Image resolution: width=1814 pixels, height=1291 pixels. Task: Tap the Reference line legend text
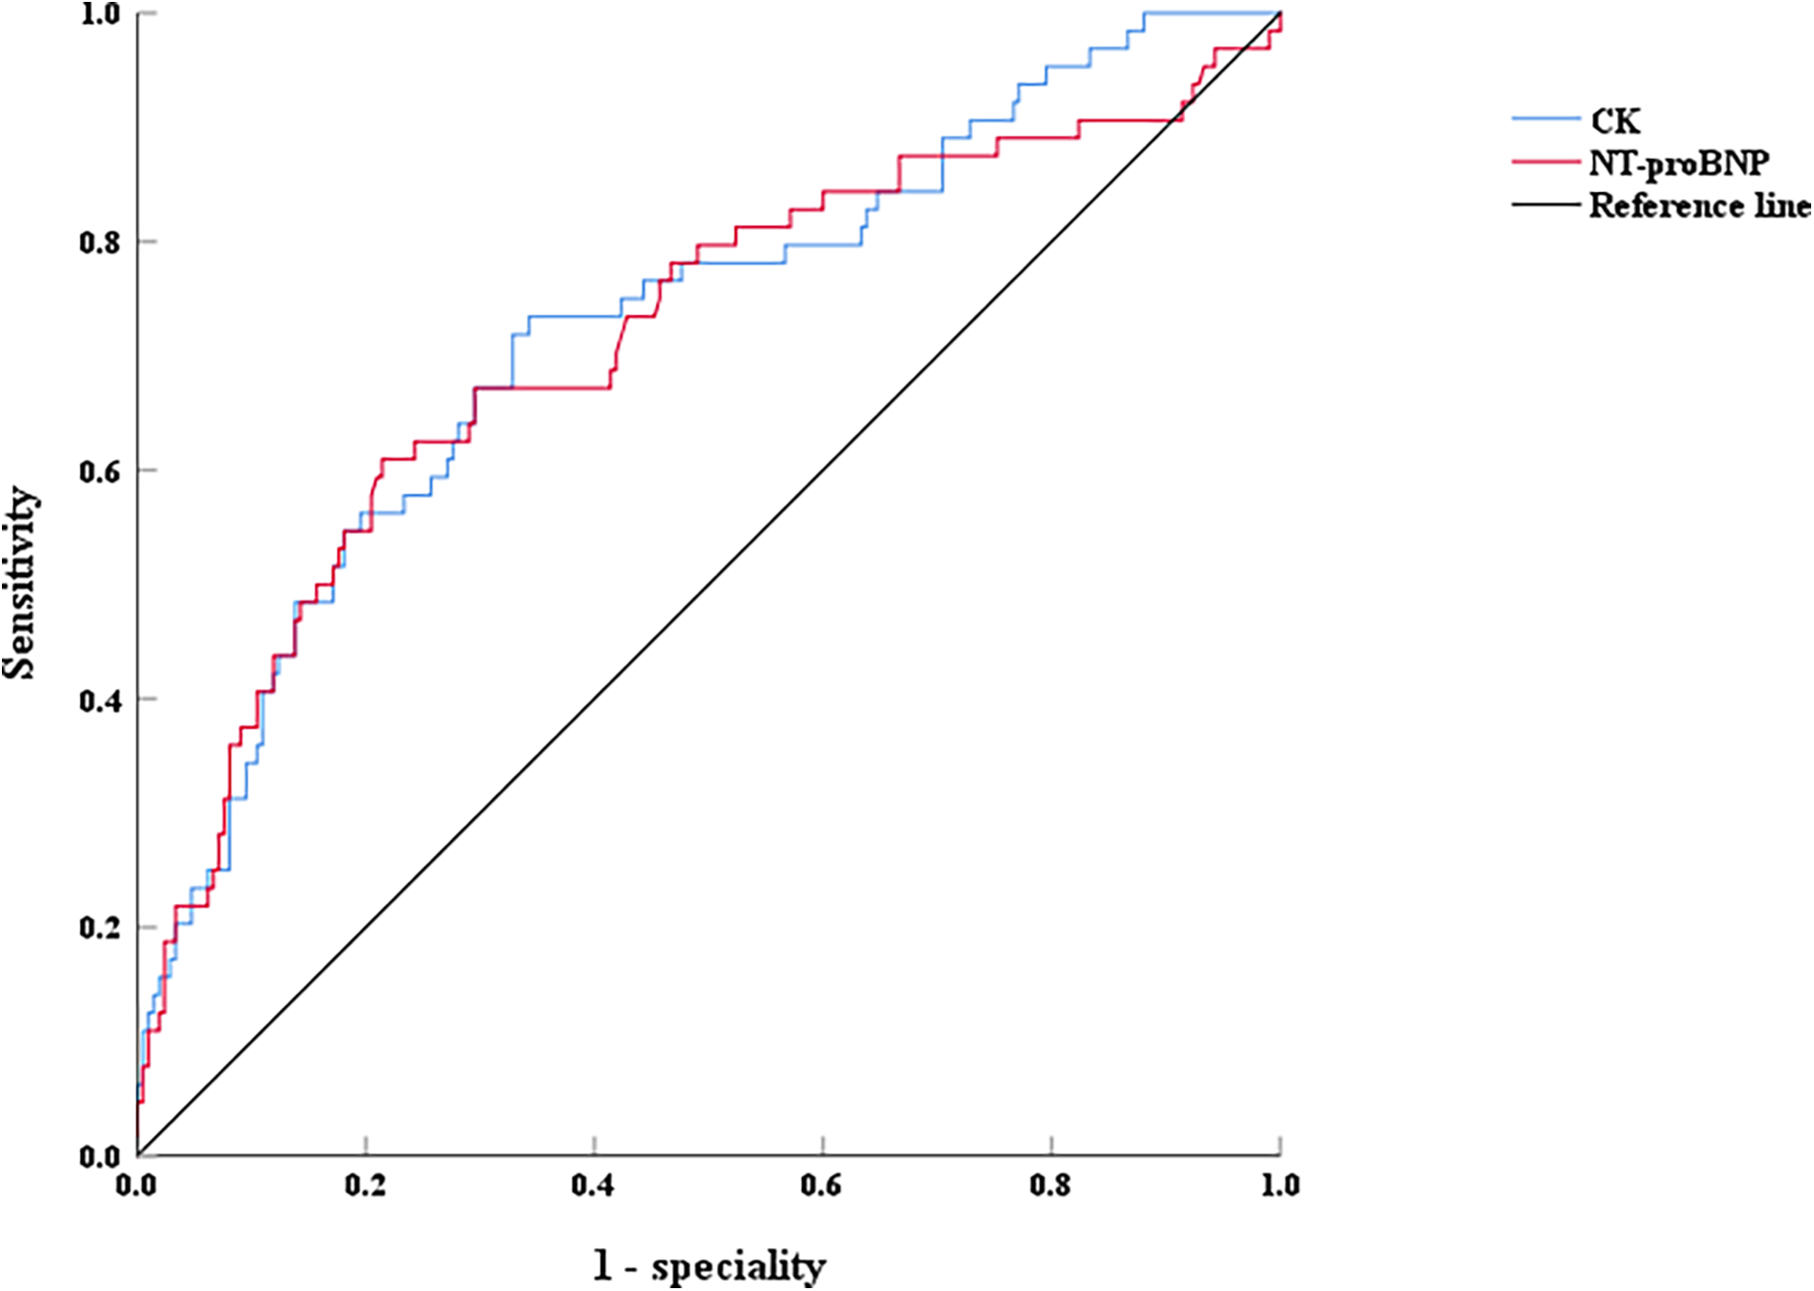tap(1699, 205)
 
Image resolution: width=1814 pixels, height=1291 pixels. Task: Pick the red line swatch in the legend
tap(1545, 162)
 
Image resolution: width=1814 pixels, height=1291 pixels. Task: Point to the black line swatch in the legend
tap(1545, 204)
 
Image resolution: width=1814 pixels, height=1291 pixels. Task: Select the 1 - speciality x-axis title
tap(708, 1266)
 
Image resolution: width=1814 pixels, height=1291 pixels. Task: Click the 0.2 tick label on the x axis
tap(365, 1186)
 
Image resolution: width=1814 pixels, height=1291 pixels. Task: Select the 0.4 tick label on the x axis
tap(594, 1186)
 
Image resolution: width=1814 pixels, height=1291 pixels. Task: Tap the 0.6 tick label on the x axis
tap(822, 1186)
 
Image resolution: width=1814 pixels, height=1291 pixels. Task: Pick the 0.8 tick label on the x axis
tap(1050, 1186)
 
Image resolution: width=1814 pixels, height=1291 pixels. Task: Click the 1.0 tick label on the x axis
tap(1279, 1186)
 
